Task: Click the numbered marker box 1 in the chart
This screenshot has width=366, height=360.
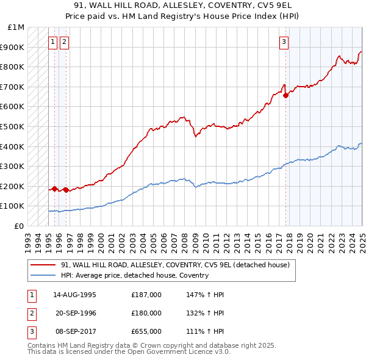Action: (53, 42)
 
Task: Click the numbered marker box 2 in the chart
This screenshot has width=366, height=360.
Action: (65, 42)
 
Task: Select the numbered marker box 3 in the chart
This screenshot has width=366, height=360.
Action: (284, 42)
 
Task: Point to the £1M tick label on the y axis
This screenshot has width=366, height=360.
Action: (16, 27)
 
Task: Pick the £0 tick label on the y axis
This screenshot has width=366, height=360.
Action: (20, 226)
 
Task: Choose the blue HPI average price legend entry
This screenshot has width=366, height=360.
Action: (134, 275)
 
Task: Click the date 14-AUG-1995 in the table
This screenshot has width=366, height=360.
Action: (74, 295)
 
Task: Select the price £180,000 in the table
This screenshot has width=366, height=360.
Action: (146, 313)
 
